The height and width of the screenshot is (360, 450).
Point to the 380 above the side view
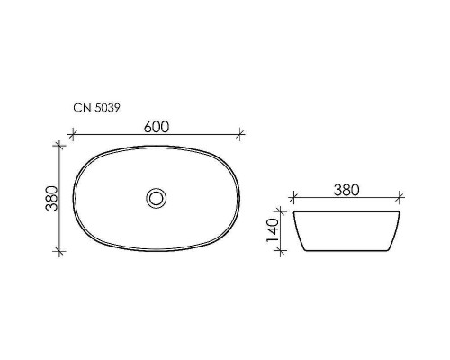[x=346, y=190]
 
